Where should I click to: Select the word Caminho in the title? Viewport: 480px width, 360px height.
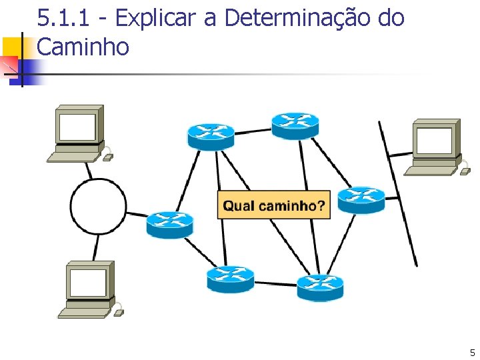tap(83, 47)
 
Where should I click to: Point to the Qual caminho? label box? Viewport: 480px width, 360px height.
tap(273, 205)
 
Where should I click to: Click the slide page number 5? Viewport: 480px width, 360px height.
tap(472, 353)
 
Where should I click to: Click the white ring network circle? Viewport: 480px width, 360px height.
tap(99, 206)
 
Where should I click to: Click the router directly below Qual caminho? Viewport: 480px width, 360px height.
tap(230, 279)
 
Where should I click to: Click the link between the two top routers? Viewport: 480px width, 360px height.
tap(253, 131)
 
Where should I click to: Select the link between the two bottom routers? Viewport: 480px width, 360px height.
tap(275, 283)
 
